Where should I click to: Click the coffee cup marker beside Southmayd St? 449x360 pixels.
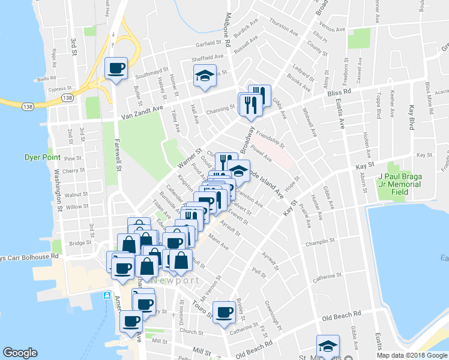click(x=116, y=67)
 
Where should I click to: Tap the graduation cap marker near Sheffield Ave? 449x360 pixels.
click(x=205, y=76)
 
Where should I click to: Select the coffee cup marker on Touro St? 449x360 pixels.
click(x=224, y=311)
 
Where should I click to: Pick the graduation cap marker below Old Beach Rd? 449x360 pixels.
click(x=328, y=346)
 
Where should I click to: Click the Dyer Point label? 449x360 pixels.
click(x=42, y=157)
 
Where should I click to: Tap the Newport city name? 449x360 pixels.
click(x=175, y=280)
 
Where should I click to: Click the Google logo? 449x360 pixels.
click(x=20, y=353)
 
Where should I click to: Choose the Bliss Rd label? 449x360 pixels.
click(x=341, y=93)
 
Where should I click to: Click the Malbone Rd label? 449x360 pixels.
click(x=228, y=24)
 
